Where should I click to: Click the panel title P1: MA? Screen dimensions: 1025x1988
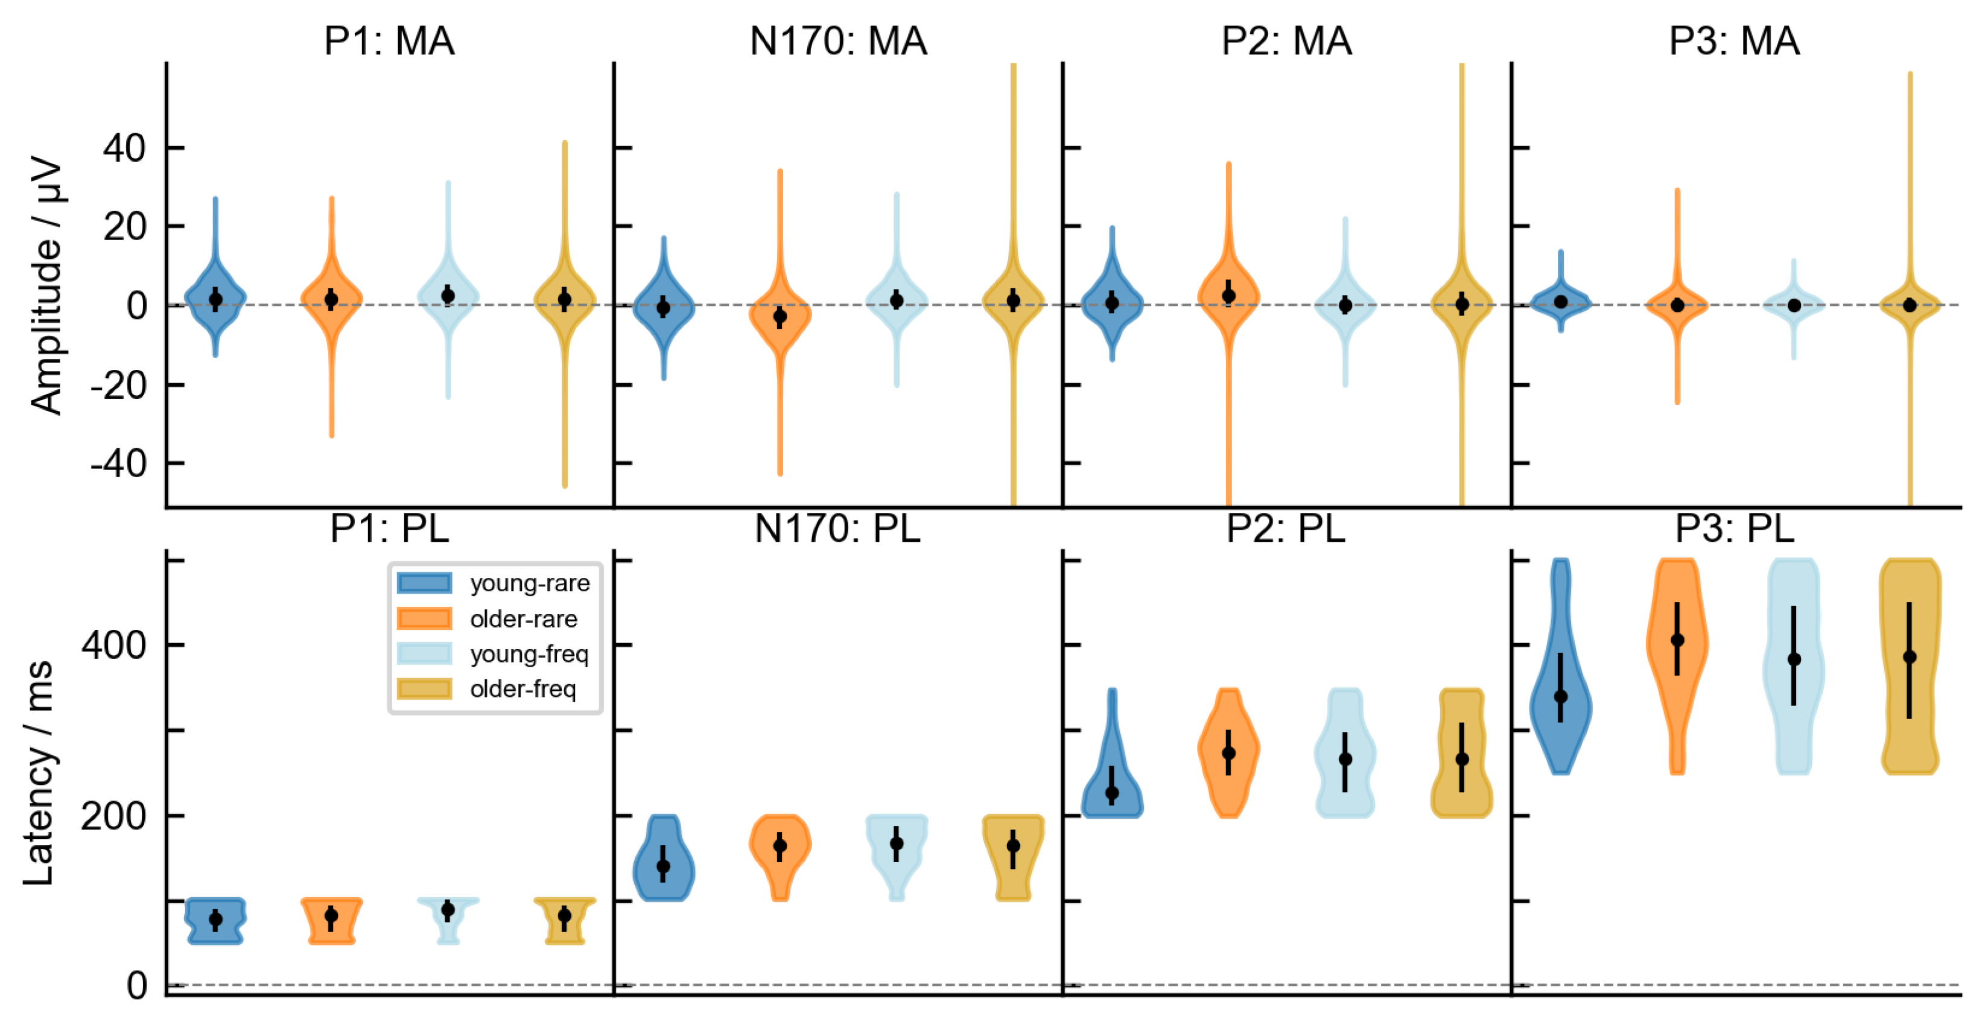coord(389,41)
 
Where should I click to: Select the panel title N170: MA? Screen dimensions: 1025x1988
coord(838,41)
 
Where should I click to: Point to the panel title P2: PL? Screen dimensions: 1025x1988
coord(1286,530)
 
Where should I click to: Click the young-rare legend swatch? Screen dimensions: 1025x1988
coord(425,583)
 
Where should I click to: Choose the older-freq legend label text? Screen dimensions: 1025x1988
coord(523,688)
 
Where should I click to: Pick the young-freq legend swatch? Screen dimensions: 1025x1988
coord(425,654)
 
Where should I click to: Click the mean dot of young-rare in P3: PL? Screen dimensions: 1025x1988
coord(1560,696)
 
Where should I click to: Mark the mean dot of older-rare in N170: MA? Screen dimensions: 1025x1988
coord(780,316)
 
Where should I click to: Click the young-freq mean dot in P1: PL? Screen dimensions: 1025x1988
coord(448,910)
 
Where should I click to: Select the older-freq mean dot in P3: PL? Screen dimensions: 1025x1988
coord(1910,658)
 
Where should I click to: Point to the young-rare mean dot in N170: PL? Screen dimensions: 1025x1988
coord(663,866)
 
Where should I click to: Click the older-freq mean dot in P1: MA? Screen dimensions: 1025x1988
coord(564,299)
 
